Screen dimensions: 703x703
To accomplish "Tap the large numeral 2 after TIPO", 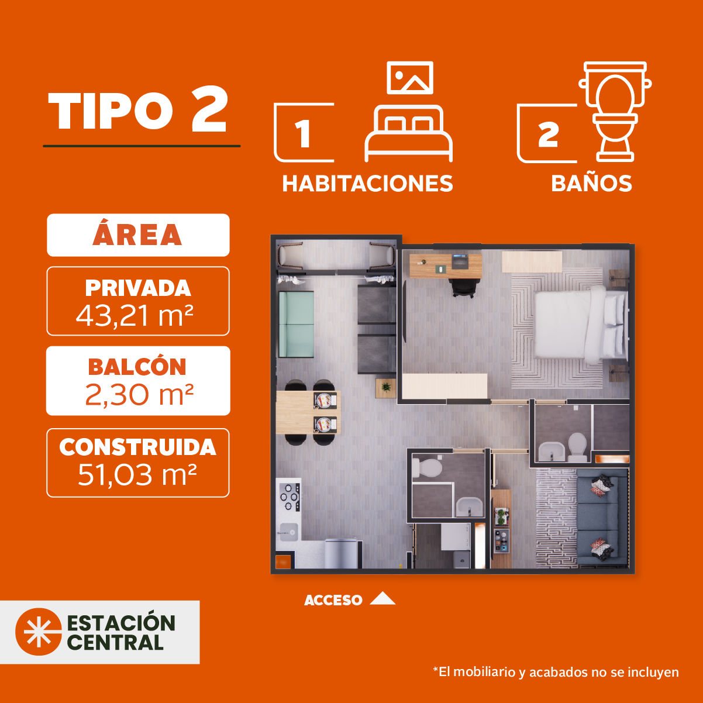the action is (210, 109).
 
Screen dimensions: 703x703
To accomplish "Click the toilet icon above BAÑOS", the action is (615, 112).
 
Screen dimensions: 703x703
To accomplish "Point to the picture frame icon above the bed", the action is (410, 78).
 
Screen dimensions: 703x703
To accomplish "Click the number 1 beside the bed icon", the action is (303, 133).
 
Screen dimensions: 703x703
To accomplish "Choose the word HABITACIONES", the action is (367, 183).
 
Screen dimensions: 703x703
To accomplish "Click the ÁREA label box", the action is (138, 235).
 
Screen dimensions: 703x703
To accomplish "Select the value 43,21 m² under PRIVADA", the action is (135, 316).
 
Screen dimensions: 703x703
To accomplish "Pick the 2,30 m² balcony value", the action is (139, 395).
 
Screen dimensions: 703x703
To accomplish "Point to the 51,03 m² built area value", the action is (137, 475).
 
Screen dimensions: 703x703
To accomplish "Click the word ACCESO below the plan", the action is (333, 600).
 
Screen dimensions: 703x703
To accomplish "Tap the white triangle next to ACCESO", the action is (382, 598).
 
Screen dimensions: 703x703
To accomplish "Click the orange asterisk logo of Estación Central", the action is (39, 632).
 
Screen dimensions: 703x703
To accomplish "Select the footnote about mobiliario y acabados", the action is (556, 672).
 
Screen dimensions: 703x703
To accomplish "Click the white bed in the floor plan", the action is (581, 325).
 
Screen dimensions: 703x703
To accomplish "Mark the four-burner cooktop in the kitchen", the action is (290, 497).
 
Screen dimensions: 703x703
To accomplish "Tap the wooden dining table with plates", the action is (308, 412).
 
